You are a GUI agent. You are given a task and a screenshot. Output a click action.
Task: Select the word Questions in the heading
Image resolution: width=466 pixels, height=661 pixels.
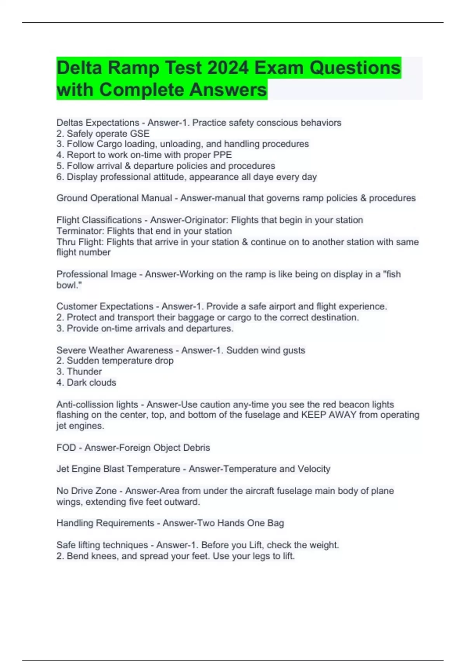(355, 68)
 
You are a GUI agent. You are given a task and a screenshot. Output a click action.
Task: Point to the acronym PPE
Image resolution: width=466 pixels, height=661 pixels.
(223, 155)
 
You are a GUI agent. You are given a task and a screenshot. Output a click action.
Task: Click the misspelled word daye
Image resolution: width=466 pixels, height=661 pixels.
(263, 177)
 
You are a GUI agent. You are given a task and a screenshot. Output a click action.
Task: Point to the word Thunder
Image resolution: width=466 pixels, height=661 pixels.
(84, 371)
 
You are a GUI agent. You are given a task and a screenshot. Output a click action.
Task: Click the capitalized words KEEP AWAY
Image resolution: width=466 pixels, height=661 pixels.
(329, 415)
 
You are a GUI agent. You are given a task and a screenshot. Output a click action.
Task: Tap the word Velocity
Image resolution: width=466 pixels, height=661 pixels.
(314, 469)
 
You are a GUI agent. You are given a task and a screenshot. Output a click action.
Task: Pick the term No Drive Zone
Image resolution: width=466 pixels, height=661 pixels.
(87, 491)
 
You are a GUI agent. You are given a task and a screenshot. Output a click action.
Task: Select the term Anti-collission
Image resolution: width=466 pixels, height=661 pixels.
(97, 404)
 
